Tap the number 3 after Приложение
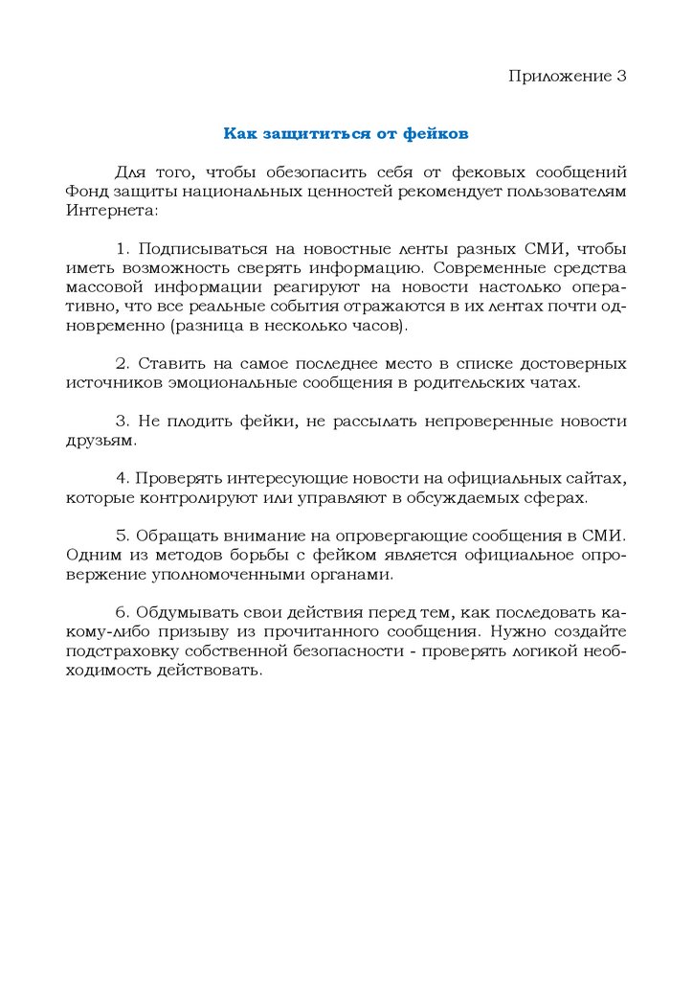pos(621,76)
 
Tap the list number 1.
pos(121,249)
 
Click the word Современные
pos(493,268)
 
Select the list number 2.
pos(121,364)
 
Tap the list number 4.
pos(121,479)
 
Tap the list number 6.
pos(121,613)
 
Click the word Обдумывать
pos(186,613)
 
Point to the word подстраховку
pos(120,651)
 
